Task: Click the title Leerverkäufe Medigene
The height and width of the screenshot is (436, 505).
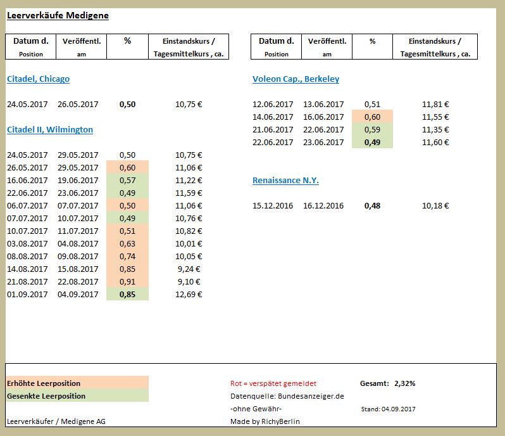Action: (58, 15)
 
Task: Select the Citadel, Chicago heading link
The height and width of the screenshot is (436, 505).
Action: (38, 79)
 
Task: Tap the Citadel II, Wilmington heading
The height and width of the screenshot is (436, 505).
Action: (50, 130)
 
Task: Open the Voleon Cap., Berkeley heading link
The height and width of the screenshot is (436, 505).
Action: (296, 79)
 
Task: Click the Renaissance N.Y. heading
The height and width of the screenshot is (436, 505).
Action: (285, 181)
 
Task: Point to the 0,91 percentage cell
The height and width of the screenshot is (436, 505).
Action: (127, 281)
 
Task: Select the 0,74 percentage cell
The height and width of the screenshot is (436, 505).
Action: (127, 256)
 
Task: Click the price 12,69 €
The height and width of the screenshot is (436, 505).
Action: (189, 294)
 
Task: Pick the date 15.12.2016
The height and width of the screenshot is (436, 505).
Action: (273, 206)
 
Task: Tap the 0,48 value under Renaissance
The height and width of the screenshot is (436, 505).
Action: (372, 206)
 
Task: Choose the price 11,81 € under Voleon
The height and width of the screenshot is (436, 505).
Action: (435, 105)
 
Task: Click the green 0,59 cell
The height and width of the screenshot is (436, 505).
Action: (372, 130)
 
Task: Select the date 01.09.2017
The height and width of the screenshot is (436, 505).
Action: (27, 294)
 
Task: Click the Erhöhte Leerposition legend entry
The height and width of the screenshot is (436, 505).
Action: (44, 383)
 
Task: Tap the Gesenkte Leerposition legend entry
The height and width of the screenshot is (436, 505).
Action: (46, 396)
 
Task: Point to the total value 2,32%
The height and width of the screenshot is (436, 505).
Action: (404, 383)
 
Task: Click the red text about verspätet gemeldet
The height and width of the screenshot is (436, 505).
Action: (273, 383)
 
